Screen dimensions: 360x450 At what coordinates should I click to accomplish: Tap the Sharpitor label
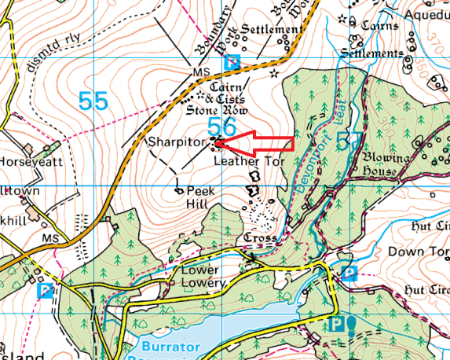pos(177,142)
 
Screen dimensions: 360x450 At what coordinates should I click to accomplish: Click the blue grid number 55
pos(93,100)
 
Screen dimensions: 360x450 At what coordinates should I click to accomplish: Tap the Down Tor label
pos(418,252)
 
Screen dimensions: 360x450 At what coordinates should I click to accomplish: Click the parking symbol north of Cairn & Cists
pos(231,61)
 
